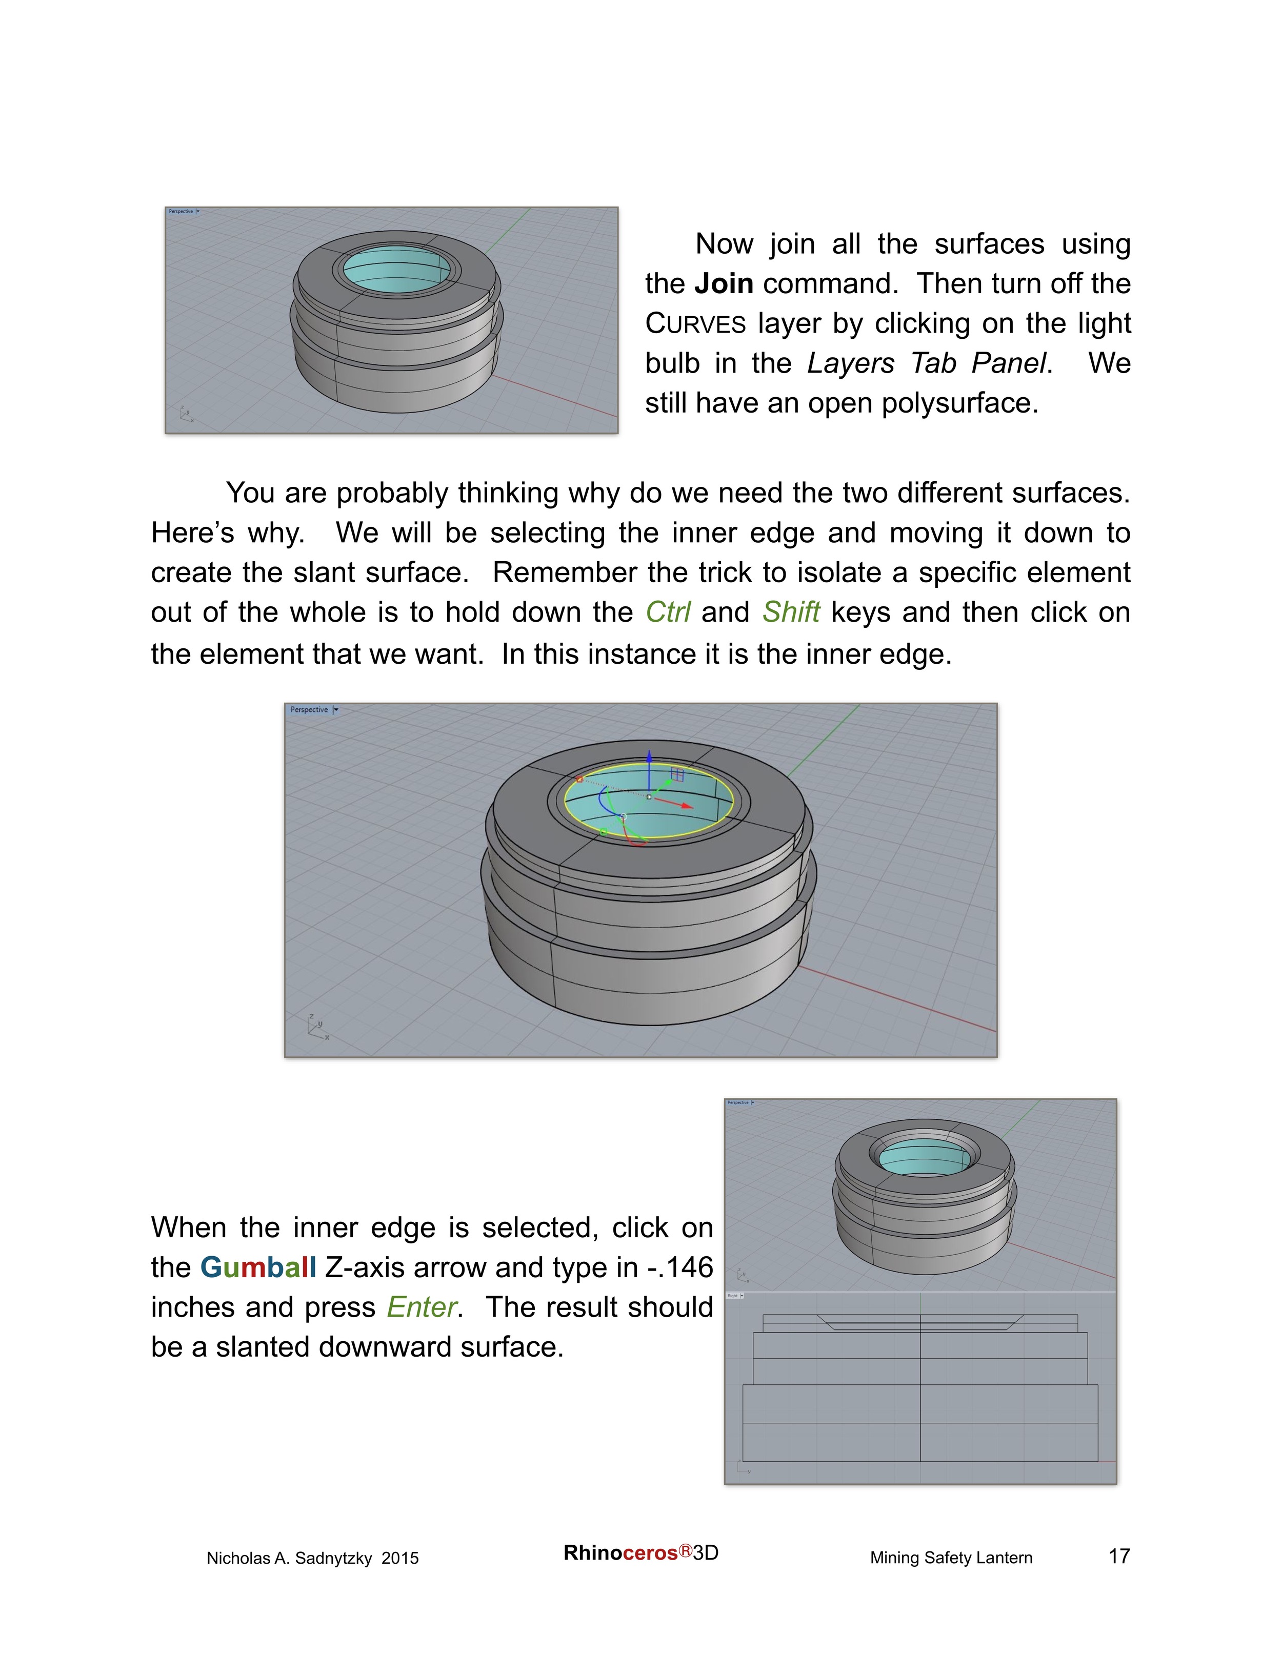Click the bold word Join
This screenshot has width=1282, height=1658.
(723, 284)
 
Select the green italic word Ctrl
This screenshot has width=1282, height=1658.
(668, 612)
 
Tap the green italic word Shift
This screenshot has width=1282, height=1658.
(791, 612)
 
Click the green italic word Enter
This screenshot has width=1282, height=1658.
(422, 1307)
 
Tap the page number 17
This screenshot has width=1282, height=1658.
(1119, 1557)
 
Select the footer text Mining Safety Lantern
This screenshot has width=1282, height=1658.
(951, 1558)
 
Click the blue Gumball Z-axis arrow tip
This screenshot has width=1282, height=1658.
(649, 755)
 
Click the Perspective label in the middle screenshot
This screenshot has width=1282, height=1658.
(309, 710)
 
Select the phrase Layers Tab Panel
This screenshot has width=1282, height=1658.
(927, 364)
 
